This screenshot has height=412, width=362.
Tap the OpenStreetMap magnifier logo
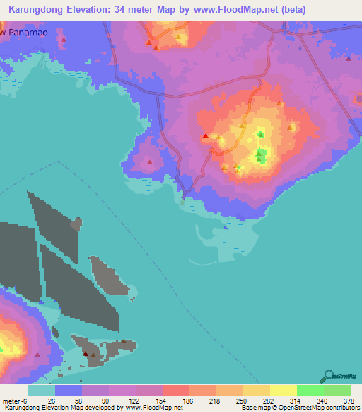pos(327,376)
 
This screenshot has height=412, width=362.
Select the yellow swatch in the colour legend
pos(284,390)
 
